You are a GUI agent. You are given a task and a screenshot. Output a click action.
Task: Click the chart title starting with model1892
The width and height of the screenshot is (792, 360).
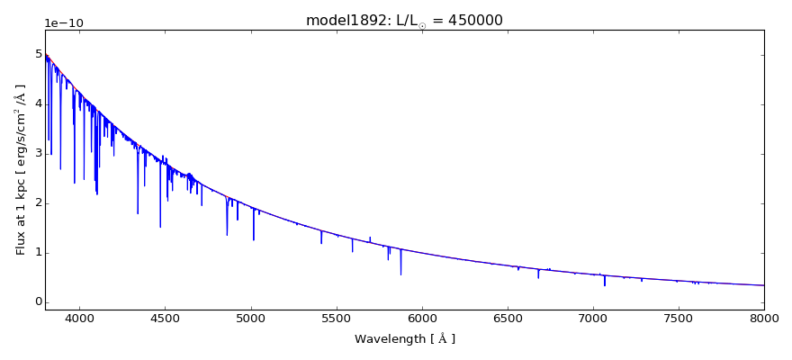pyautogui.click(x=404, y=21)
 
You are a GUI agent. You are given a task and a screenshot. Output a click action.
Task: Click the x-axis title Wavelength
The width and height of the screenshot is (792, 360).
pyautogui.click(x=404, y=339)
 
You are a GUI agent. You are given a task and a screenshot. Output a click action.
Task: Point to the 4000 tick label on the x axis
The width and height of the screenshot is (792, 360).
pyautogui.click(x=79, y=319)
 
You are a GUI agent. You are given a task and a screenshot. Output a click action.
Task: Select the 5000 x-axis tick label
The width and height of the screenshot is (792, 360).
pyautogui.click(x=250, y=319)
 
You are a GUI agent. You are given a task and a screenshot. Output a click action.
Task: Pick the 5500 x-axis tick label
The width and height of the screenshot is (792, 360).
pyautogui.click(x=337, y=319)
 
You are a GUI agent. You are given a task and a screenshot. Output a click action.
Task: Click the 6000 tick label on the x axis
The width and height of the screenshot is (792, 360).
pyautogui.click(x=422, y=319)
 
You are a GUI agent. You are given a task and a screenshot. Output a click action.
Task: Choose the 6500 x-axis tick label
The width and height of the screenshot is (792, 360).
pyautogui.click(x=508, y=319)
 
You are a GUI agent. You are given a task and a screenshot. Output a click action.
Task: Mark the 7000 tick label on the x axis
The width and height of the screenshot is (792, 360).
pyautogui.click(x=593, y=319)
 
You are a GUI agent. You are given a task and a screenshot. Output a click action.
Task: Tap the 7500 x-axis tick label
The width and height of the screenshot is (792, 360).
pyautogui.click(x=679, y=319)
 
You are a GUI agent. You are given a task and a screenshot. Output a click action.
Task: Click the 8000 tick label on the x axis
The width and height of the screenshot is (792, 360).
pyautogui.click(x=764, y=319)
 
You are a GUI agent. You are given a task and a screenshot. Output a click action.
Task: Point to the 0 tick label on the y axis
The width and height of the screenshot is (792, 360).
pyautogui.click(x=38, y=301)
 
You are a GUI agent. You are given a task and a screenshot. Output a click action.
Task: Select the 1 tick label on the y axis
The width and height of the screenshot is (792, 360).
pyautogui.click(x=38, y=252)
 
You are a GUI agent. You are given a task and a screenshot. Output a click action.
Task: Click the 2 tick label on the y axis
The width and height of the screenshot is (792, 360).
pyautogui.click(x=38, y=202)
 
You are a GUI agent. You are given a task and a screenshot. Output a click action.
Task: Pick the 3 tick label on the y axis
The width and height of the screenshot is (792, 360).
pyautogui.click(x=38, y=153)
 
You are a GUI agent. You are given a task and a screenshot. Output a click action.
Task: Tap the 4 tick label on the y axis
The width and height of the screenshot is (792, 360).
pyautogui.click(x=38, y=103)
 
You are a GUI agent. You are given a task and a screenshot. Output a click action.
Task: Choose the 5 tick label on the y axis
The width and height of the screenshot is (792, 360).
pyautogui.click(x=38, y=54)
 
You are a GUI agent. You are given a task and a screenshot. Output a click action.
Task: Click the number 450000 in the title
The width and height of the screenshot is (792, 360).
pyautogui.click(x=474, y=21)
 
